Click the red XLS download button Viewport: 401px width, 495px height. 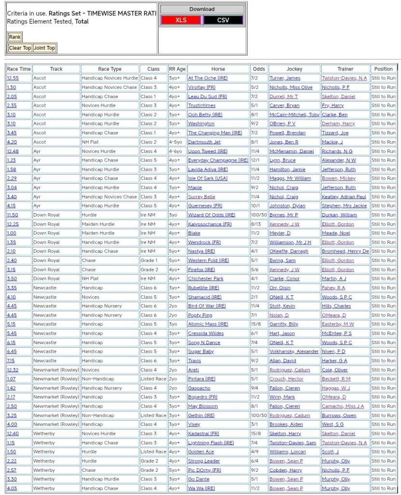181,20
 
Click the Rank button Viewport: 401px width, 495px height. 15,37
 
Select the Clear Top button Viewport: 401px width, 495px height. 20,48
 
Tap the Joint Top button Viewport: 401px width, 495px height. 44,48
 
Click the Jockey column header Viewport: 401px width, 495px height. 294,69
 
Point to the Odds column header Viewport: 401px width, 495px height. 259,69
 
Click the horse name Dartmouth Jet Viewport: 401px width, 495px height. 204,142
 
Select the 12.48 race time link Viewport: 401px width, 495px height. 13,151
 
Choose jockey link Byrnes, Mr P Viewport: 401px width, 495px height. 284,215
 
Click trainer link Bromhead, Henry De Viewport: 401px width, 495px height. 345,251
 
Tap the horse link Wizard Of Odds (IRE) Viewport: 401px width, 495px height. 211,215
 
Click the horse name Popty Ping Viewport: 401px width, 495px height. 200,315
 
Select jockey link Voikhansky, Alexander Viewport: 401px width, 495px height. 294,351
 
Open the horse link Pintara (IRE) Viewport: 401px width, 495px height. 201,379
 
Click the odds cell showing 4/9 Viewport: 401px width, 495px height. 255,452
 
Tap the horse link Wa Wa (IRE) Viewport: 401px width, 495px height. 201,488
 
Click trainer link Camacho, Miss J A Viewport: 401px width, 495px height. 343,407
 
